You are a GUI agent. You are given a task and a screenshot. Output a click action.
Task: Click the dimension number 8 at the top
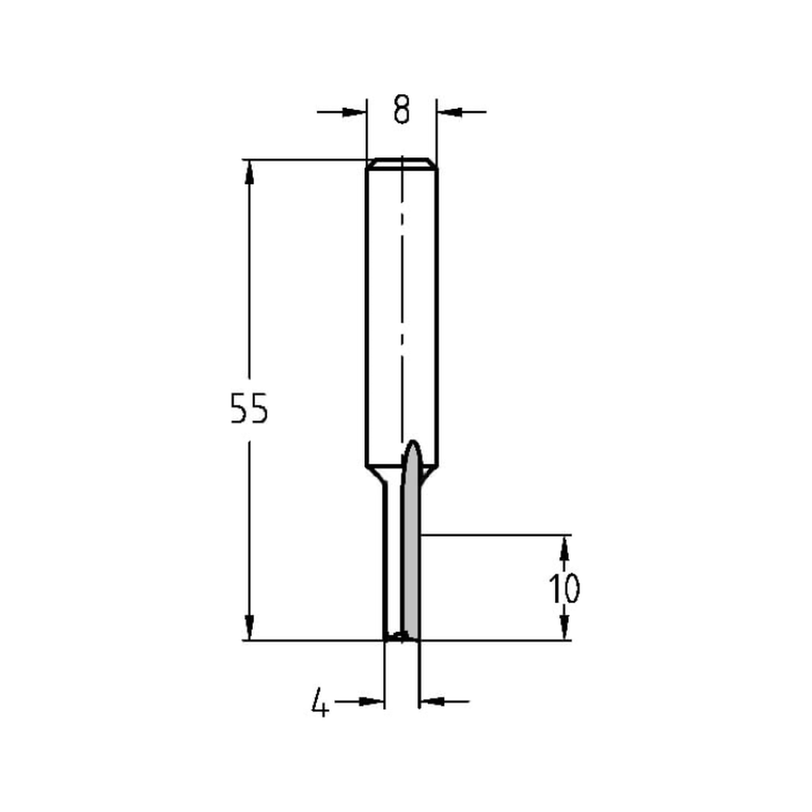coord(401,110)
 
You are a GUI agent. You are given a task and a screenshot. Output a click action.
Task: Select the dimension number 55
coord(248,409)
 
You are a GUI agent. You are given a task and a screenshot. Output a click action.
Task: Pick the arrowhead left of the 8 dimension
coord(356,112)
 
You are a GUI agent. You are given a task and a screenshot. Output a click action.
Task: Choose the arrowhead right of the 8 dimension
coord(448,112)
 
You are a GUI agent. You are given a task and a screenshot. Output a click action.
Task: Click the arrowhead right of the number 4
coord(373,700)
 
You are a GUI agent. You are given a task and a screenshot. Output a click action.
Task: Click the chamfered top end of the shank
coord(402,163)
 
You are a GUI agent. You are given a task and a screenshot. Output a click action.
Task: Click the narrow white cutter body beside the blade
coord(393,560)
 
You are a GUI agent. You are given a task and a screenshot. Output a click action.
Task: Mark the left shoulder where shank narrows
coord(376,473)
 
